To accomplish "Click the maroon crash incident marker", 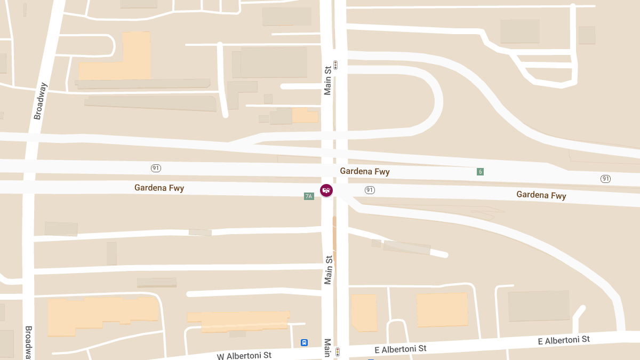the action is (x=326, y=190).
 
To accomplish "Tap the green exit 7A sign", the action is (x=309, y=196).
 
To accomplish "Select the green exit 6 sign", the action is (x=481, y=172).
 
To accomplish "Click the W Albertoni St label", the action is (x=244, y=355).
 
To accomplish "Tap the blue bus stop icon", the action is (x=305, y=342).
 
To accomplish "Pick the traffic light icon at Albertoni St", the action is (x=338, y=352).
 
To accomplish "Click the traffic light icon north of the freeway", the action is (x=335, y=65).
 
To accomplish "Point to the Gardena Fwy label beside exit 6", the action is (x=365, y=171).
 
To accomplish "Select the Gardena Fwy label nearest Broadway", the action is (x=159, y=188).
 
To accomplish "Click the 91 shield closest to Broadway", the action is (x=156, y=168).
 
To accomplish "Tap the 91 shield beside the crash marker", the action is (x=370, y=190).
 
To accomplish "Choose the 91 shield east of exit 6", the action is (x=605, y=179).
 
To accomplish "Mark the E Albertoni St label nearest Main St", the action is (x=401, y=349).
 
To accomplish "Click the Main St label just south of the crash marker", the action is (x=329, y=269).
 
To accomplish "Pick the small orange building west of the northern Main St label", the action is (x=305, y=115).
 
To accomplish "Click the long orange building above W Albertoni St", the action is (x=238, y=321).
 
